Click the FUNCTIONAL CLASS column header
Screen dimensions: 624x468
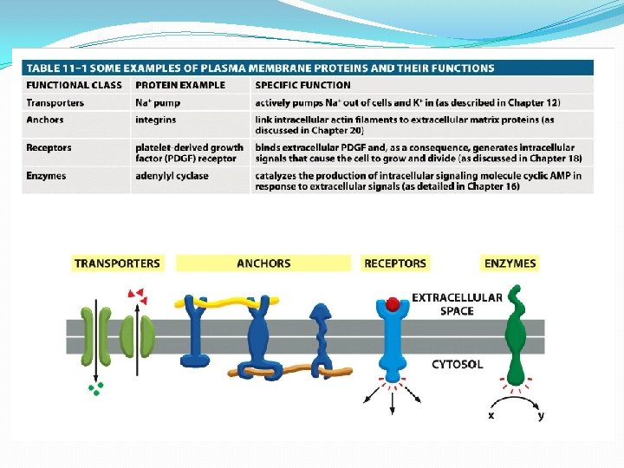point(69,85)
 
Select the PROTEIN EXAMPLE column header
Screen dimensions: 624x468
point(179,85)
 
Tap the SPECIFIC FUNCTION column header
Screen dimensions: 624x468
point(303,85)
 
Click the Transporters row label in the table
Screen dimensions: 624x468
point(55,102)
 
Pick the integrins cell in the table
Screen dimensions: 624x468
point(156,120)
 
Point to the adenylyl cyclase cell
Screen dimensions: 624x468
point(172,176)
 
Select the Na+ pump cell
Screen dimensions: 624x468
point(157,102)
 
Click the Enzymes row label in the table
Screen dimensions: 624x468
point(47,176)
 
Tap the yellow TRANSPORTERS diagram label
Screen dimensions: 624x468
point(118,263)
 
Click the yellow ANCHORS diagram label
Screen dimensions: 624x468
point(263,263)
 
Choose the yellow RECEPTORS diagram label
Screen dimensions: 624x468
point(395,263)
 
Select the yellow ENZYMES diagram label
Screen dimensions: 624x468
point(510,263)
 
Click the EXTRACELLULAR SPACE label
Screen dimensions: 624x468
point(457,303)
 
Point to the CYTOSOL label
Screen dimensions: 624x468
point(458,364)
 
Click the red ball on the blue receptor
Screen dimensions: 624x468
point(393,304)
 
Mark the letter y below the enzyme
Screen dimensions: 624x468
point(541,415)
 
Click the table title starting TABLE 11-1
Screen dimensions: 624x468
point(260,68)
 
